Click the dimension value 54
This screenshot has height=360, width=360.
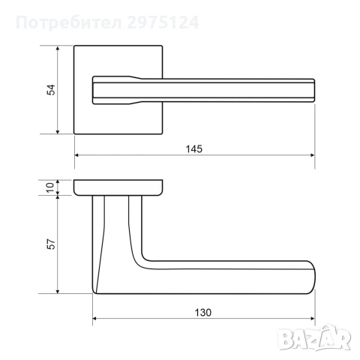click(x=51, y=90)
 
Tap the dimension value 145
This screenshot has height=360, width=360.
click(x=194, y=149)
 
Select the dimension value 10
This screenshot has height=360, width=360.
click(x=50, y=187)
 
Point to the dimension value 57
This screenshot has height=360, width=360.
click(x=51, y=244)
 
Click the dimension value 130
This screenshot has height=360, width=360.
click(x=202, y=313)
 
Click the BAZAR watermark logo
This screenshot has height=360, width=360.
click(x=314, y=338)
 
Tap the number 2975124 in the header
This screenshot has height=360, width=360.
click(x=163, y=22)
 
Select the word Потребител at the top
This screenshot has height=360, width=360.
click(x=69, y=23)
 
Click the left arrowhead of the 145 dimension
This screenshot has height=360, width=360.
click(x=76, y=155)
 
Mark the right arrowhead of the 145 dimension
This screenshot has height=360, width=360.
click(x=312, y=155)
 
